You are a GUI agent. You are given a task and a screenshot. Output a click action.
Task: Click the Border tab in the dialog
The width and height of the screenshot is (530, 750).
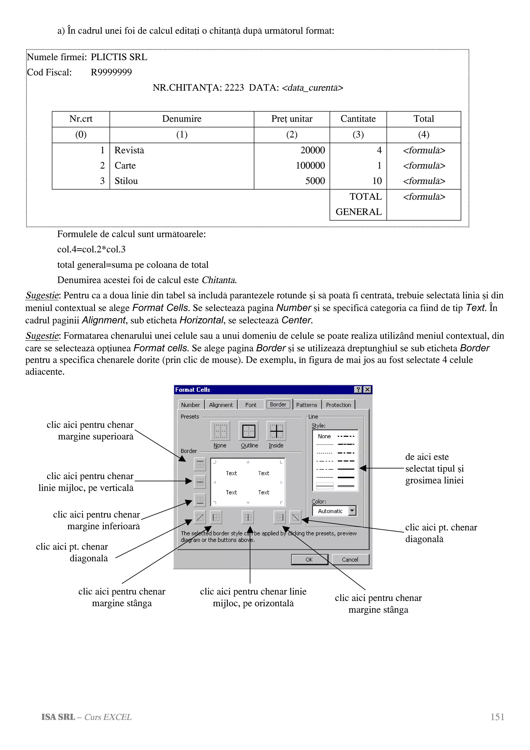click(278, 405)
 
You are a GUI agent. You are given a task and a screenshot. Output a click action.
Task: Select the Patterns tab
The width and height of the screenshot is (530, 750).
click(306, 405)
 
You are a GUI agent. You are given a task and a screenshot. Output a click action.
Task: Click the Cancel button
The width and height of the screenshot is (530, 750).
click(350, 559)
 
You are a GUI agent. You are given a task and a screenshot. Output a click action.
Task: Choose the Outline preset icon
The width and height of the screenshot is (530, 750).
click(249, 431)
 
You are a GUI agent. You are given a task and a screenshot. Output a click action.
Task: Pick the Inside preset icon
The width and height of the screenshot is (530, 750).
click(276, 431)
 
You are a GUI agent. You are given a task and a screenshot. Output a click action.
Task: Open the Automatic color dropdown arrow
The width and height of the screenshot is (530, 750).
click(352, 511)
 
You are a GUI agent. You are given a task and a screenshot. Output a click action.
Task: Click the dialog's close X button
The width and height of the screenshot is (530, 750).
click(367, 389)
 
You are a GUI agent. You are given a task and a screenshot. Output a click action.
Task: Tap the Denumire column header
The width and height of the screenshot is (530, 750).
click(182, 119)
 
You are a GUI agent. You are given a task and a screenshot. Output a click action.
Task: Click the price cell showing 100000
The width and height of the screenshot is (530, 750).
click(310, 166)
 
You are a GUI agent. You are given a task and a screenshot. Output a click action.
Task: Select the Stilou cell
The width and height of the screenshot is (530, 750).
click(126, 181)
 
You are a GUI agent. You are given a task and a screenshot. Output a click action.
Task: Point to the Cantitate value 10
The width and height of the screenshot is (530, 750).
click(377, 181)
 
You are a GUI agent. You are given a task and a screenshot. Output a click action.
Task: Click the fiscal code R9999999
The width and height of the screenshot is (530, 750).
click(111, 72)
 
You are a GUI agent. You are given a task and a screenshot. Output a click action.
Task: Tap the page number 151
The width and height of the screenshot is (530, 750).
click(497, 717)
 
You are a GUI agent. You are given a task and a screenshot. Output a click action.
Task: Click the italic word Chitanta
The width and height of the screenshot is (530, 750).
click(219, 280)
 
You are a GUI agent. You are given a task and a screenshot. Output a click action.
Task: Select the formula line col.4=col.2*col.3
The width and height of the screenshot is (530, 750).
click(91, 249)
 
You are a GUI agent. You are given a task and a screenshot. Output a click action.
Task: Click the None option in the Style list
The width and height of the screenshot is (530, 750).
click(324, 436)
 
